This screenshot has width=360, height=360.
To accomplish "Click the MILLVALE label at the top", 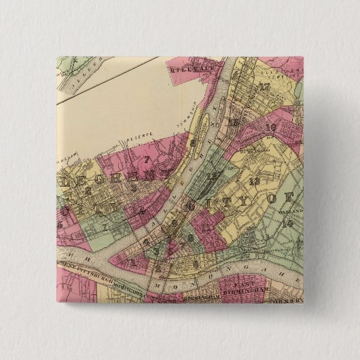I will (x=189, y=67).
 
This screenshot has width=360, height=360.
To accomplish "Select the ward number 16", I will (x=270, y=127).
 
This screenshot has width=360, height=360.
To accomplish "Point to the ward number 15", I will (x=233, y=122).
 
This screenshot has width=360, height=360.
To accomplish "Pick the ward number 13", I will (x=255, y=181).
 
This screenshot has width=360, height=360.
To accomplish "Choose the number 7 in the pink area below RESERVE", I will (x=147, y=160).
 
